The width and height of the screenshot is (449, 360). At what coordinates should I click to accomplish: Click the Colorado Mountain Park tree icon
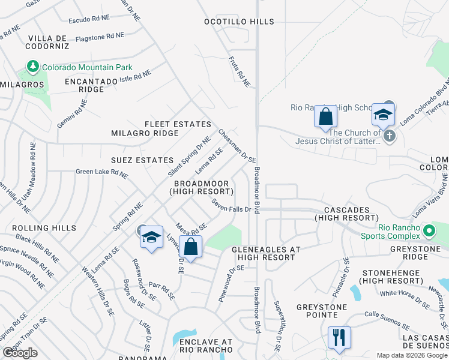click(x=32, y=67)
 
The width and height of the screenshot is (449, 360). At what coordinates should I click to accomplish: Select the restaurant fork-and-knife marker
click(x=339, y=337)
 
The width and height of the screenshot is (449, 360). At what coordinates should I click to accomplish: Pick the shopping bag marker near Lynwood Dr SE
click(x=190, y=247)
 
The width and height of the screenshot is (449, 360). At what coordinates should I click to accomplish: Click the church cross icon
click(x=389, y=135)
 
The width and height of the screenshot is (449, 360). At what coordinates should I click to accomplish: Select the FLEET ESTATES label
click(x=178, y=124)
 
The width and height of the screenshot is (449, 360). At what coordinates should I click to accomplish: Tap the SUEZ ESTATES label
click(x=142, y=160)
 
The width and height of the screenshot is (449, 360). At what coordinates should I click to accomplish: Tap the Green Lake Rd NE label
click(x=101, y=173)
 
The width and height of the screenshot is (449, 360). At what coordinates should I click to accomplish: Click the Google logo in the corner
click(x=20, y=353)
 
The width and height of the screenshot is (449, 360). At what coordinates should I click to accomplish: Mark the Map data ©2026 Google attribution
click(x=412, y=355)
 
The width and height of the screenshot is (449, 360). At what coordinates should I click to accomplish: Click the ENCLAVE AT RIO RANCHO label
click(x=206, y=346)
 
